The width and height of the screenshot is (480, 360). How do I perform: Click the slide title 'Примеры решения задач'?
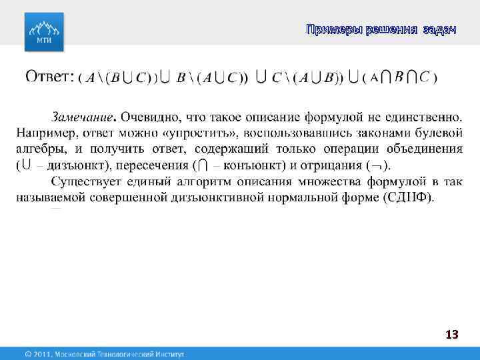click(x=381, y=29)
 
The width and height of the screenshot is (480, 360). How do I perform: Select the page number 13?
click(x=452, y=335)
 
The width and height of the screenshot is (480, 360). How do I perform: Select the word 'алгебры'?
click(x=39, y=148)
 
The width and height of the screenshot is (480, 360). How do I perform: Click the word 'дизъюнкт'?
click(x=67, y=164)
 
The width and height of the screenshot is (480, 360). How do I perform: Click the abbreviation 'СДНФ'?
click(x=407, y=196)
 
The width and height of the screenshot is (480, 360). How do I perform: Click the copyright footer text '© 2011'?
click(x=39, y=353)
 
